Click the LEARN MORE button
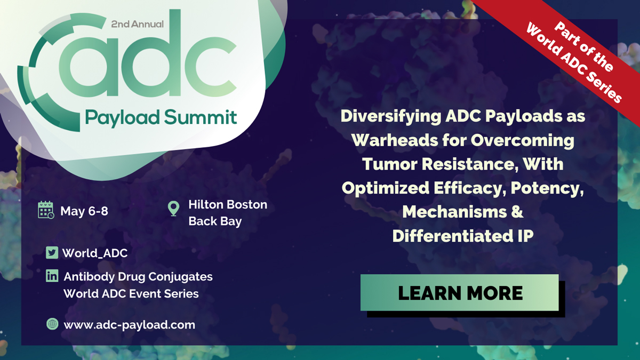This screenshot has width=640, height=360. click(459, 293)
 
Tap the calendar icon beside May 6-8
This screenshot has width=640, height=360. click(46, 210)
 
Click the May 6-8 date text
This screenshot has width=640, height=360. click(84, 211)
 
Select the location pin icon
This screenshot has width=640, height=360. click(173, 208)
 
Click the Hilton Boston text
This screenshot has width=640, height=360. click(228, 205)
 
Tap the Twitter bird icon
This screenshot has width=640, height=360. click(52, 253)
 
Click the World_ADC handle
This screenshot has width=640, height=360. click(95, 253)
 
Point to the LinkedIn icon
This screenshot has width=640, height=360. click(52, 276)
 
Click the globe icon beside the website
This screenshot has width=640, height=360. click(52, 324)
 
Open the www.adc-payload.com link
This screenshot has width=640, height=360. click(129, 324)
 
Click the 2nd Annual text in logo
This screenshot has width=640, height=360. click(138, 24)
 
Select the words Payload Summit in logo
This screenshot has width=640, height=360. click(161, 116)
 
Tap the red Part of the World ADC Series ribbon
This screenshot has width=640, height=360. click(573, 56)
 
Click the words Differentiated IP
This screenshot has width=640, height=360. click(462, 236)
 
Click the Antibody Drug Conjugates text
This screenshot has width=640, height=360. click(138, 277)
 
